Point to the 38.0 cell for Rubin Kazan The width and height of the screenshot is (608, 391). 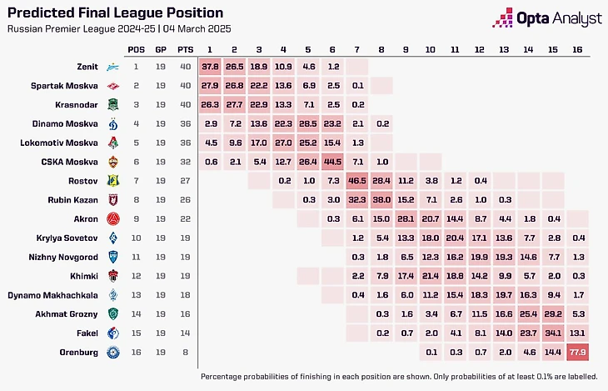tap(382, 199)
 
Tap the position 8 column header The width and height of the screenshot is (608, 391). tap(382, 48)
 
